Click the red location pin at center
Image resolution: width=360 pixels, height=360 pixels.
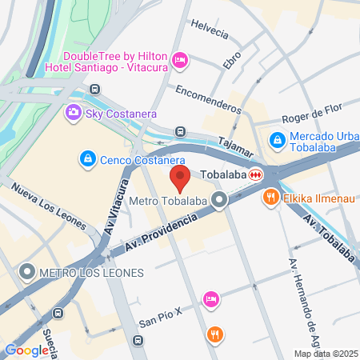(180, 178)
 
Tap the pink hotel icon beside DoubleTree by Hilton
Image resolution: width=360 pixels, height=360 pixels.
(180, 60)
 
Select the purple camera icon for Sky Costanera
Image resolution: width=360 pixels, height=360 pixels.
(74, 112)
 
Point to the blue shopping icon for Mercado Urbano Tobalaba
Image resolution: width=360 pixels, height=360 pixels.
(277, 139)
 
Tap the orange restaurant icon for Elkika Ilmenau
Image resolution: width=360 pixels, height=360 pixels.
(271, 196)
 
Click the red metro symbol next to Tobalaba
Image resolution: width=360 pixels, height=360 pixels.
(256, 174)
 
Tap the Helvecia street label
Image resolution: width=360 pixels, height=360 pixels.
(210, 30)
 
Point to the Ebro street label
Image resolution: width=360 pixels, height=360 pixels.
(232, 59)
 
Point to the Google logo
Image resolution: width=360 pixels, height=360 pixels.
(26, 350)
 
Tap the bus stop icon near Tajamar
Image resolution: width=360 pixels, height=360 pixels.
(180, 131)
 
